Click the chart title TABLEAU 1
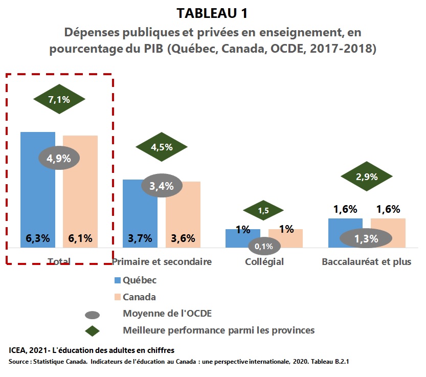212,13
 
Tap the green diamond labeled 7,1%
59,99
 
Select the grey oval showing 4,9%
59,158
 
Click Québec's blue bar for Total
38,190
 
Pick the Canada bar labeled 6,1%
80,192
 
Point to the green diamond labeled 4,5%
162,147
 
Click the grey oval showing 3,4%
162,186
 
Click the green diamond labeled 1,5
263,210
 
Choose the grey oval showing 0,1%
264,246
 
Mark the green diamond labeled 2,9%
367,176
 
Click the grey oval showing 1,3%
366,238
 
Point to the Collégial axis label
264,262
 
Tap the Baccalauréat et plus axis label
367,262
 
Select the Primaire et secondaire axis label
162,262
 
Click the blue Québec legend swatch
118,280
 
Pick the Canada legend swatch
118,297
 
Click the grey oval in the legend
93,315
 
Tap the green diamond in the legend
93,331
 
